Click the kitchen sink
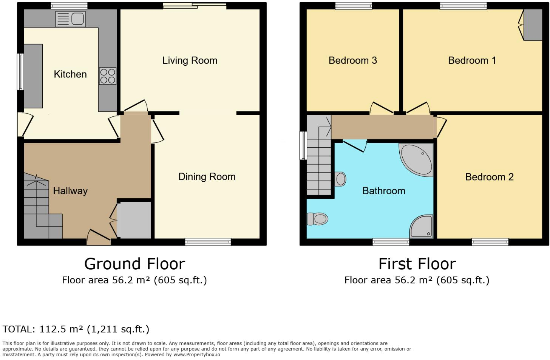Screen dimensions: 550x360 coord(71,19)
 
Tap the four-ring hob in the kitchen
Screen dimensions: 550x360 coord(108,76)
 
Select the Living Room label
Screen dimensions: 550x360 coord(190,60)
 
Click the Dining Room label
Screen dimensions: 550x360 coord(207,177)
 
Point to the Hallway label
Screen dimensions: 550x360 coord(70,191)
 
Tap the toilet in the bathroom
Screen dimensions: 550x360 coord(317,219)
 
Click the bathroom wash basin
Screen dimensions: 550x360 coord(340,179)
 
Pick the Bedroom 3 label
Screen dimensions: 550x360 coord(352,60)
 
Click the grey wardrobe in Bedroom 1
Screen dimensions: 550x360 coord(533,25)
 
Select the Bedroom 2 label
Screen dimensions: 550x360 coord(489,177)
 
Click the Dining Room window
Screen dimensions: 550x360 coord(208,242)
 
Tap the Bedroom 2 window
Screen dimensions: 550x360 coord(490,242)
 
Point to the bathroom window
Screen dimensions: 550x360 coord(391,242)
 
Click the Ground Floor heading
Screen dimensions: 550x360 coord(134,264)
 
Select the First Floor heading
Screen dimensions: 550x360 coord(417,264)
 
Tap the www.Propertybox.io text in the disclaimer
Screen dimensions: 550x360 coord(197,355)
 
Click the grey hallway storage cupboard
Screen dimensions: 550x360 coord(134,220)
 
